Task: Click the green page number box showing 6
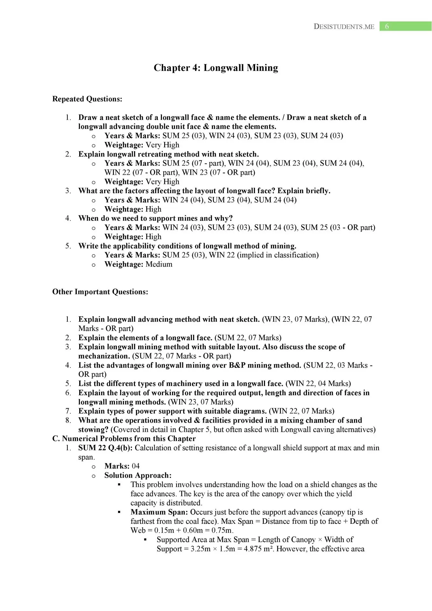[405, 26]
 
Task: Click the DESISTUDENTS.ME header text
[344, 27]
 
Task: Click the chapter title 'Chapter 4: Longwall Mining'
[216, 68]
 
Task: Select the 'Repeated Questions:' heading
[87, 99]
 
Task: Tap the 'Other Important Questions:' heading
[100, 292]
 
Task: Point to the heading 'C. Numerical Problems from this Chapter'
[124, 439]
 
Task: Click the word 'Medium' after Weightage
[159, 264]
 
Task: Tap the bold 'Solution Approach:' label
[138, 475]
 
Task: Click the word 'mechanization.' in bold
[104, 356]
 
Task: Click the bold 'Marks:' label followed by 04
[117, 466]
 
